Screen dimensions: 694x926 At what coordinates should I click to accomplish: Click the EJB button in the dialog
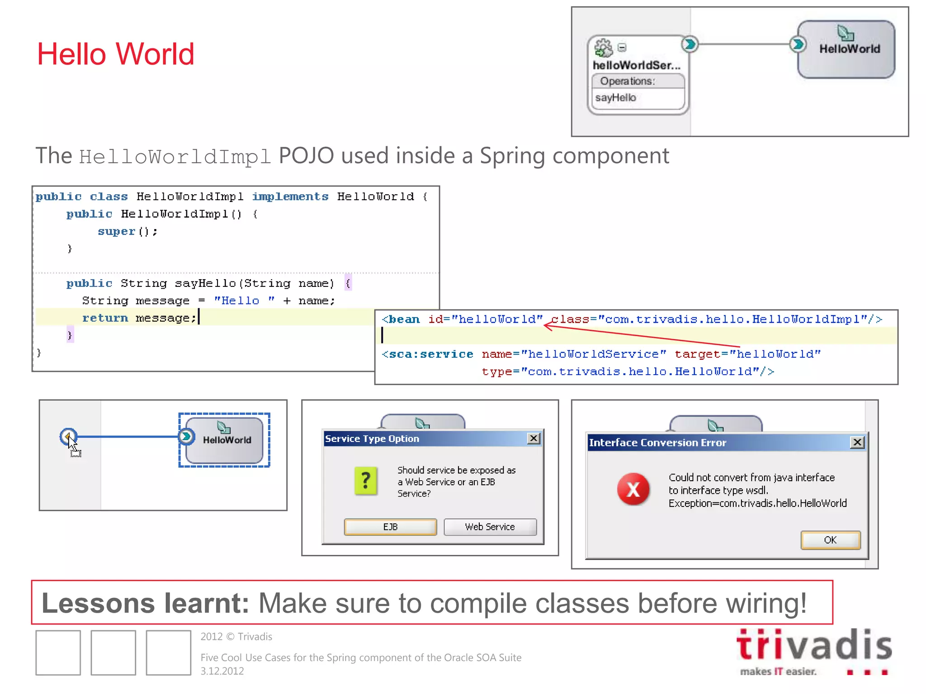pyautogui.click(x=390, y=527)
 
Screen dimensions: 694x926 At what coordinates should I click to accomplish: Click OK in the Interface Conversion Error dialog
pyautogui.click(x=830, y=540)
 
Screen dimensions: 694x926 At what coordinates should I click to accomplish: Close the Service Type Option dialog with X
pyautogui.click(x=534, y=438)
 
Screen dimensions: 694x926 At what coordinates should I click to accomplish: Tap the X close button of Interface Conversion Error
pyautogui.click(x=857, y=442)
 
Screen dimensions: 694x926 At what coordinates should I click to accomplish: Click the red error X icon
pyautogui.click(x=633, y=489)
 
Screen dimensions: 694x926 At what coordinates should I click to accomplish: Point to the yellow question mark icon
pyautogui.click(x=366, y=481)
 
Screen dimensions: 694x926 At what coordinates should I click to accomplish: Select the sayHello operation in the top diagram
pyautogui.click(x=616, y=98)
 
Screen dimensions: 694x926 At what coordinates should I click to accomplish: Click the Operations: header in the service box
pyautogui.click(x=628, y=81)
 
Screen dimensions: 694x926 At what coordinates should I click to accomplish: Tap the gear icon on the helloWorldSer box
pyautogui.click(x=603, y=47)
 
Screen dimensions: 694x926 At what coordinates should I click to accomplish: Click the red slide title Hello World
pyautogui.click(x=115, y=54)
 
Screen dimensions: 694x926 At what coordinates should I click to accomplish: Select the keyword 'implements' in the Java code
pyautogui.click(x=290, y=197)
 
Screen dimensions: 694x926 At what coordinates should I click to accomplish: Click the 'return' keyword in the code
pyautogui.click(x=105, y=318)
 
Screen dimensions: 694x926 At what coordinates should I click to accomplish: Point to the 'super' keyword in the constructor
pyautogui.click(x=116, y=231)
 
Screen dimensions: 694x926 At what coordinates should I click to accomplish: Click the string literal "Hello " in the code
pyautogui.click(x=244, y=301)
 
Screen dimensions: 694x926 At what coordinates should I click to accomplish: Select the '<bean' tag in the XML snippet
pyautogui.click(x=401, y=319)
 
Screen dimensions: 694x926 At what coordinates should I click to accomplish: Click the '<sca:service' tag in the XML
pyautogui.click(x=427, y=354)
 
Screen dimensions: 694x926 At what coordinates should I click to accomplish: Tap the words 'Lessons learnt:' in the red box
pyautogui.click(x=145, y=603)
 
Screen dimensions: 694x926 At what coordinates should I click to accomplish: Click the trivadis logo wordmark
pyautogui.click(x=814, y=645)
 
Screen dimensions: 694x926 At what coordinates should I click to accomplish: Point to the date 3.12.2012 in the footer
pyautogui.click(x=222, y=671)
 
